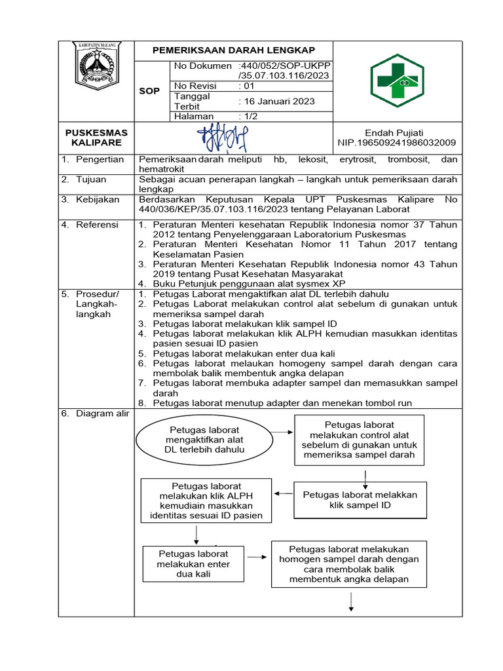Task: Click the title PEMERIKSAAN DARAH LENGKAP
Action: [234, 50]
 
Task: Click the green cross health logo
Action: [397, 80]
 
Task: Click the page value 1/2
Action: [250, 116]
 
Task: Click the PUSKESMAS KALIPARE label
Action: [96, 138]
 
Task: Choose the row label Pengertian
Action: [100, 160]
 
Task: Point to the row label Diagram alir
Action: [102, 413]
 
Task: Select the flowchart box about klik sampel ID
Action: [360, 500]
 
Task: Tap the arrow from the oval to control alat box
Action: [283, 432]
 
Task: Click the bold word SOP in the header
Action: [149, 90]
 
